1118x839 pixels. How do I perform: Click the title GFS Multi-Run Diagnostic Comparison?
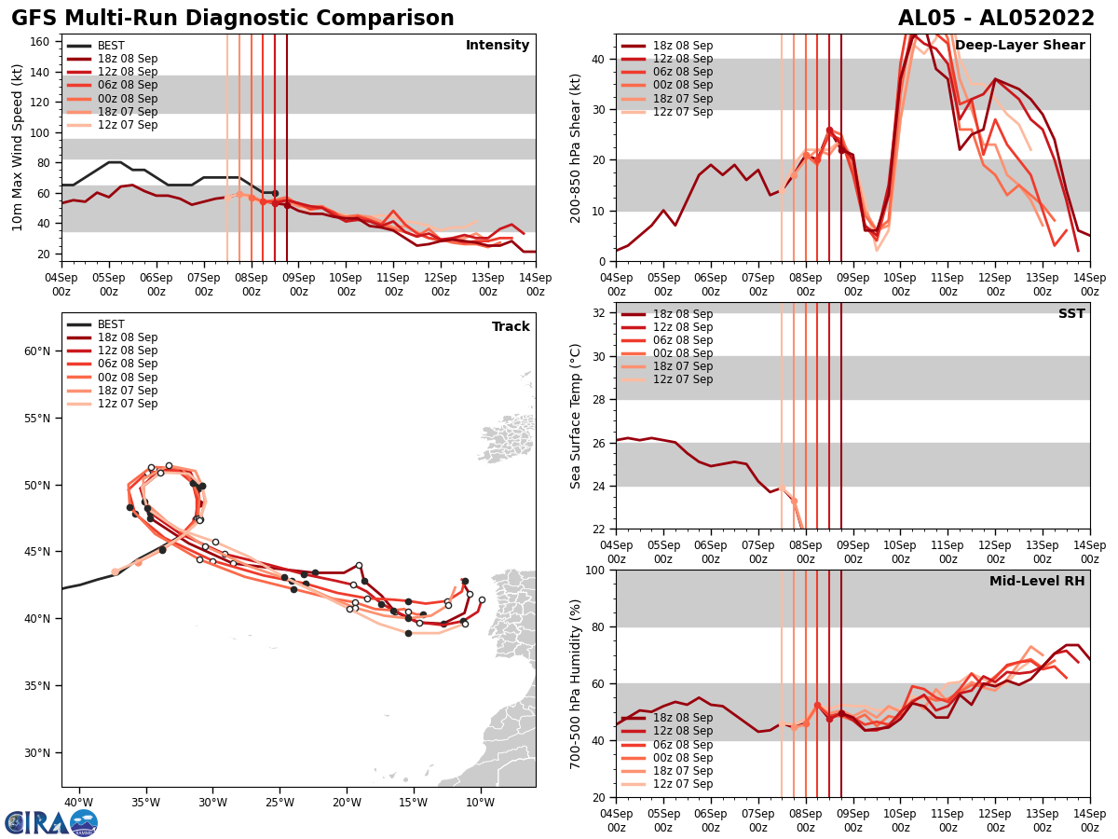click(233, 19)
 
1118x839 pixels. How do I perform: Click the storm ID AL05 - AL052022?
click(996, 19)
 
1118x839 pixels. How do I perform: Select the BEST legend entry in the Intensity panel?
click(111, 46)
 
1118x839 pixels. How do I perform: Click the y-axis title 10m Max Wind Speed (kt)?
click(18, 147)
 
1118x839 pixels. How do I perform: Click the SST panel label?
click(1070, 314)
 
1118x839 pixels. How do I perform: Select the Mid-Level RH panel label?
click(1037, 582)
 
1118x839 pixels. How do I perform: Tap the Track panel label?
click(511, 327)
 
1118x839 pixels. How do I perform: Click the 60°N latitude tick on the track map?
click(37, 351)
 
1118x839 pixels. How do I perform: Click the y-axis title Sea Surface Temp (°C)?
click(576, 416)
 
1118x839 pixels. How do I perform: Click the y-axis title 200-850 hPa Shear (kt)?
click(576, 147)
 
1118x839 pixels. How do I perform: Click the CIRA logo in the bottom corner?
click(51, 822)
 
